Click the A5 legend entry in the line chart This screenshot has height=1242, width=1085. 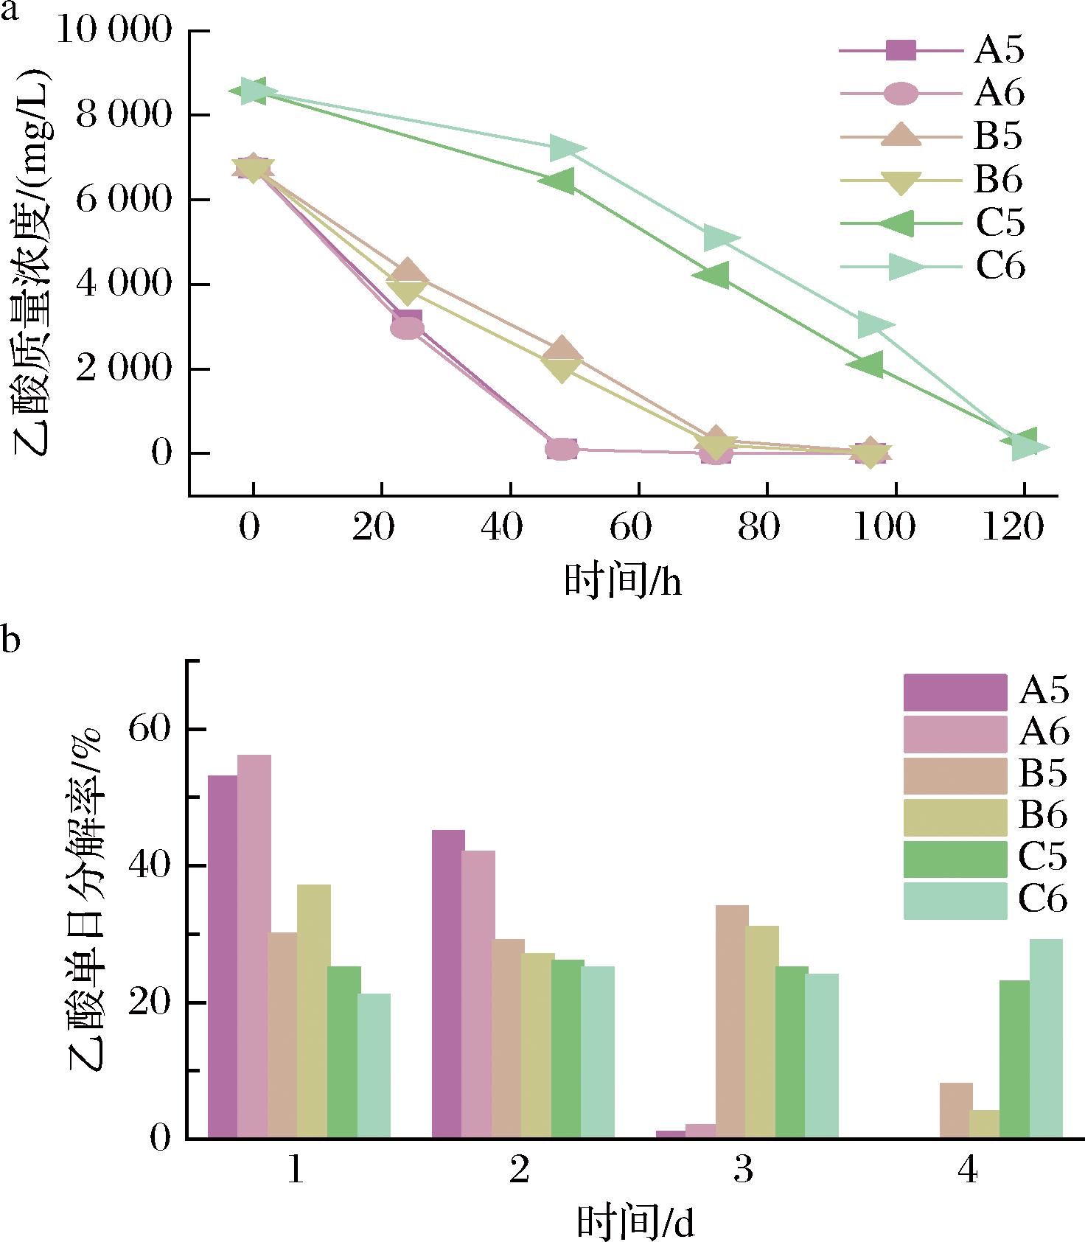coord(932,50)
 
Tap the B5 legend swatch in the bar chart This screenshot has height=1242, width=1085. coord(955,776)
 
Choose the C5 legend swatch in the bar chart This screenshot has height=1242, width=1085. coord(955,859)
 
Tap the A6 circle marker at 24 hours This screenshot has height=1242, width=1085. coord(408,328)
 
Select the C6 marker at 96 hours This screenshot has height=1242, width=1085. coord(876,324)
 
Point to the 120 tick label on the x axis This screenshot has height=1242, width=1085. coord(1014,528)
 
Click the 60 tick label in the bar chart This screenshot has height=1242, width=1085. coord(150,729)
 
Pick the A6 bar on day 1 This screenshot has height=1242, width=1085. coord(254,946)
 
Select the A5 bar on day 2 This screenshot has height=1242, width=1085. coord(448,984)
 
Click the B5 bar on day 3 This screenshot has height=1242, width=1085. coord(732,1022)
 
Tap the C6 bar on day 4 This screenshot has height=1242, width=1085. coord(1046,1039)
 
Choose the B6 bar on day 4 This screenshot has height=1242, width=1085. coord(984,1124)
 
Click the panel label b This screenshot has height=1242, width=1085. coord(10,638)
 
